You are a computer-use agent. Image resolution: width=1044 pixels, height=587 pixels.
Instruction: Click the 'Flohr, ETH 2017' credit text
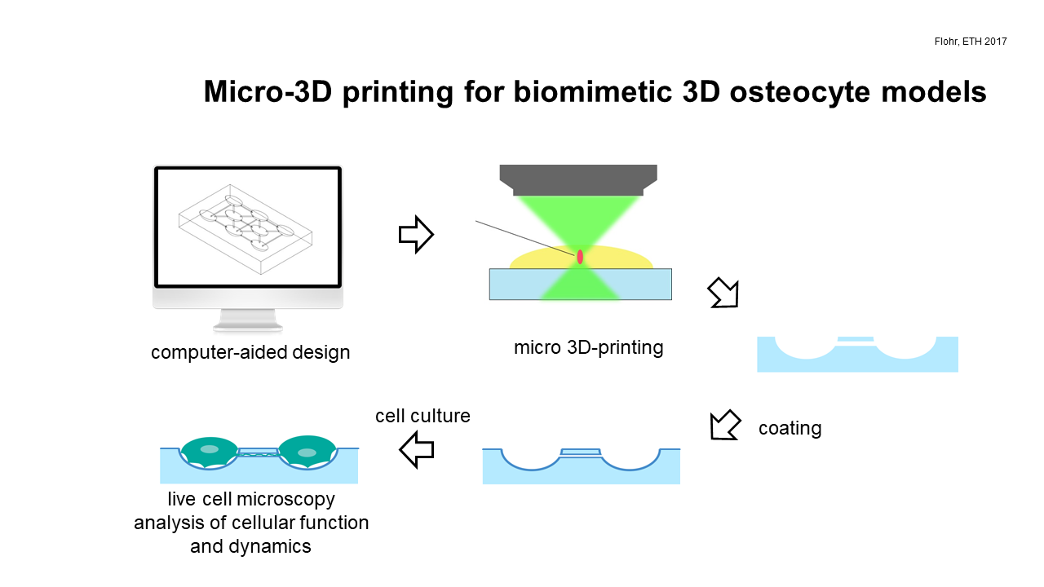pos(971,42)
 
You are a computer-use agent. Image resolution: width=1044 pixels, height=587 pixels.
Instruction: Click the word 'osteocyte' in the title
pos(800,92)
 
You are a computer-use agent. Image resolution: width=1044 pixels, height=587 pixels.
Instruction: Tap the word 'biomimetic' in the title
pos(593,91)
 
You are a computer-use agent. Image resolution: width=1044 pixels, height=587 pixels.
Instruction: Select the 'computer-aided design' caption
pos(250,352)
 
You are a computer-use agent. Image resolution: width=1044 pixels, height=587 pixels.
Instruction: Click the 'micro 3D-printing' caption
pos(588,347)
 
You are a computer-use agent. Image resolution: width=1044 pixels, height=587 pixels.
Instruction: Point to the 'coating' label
pos(790,428)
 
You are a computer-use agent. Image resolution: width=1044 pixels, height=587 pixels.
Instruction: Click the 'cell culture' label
pos(422,416)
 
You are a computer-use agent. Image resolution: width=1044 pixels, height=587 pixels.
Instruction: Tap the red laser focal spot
pos(580,257)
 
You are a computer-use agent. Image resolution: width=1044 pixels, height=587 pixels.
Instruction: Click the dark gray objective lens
pos(578,180)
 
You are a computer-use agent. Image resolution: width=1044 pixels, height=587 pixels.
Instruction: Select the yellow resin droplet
pos(536,259)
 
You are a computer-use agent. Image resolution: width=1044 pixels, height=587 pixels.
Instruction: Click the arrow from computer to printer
pos(416,234)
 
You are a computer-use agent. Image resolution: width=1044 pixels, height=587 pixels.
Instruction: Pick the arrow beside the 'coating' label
pos(725,425)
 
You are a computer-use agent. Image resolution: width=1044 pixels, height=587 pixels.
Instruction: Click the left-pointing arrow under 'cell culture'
pos(417,449)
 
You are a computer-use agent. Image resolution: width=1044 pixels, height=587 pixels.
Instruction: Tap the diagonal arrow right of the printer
pos(723,293)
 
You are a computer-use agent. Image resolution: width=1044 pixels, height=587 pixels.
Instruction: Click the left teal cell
pos(210,452)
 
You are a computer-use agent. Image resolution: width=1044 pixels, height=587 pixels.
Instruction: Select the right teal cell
pos(307,452)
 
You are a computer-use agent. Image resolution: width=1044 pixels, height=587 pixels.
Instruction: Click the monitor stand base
pos(247,326)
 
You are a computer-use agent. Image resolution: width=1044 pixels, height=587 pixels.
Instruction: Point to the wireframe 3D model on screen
pos(246,229)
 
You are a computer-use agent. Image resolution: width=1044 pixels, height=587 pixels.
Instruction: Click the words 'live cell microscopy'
pos(251,499)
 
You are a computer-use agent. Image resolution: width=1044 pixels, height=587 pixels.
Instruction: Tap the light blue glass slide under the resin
pos(580,285)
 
